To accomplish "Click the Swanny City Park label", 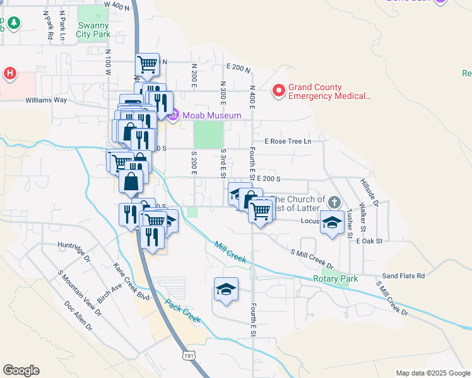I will point(93,30).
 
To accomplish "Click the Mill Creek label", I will point(230,253).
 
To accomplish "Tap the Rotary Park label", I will point(336,278).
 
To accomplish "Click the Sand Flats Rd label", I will point(404,276).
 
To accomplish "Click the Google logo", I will point(21,370).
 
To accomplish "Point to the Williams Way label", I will point(46,100).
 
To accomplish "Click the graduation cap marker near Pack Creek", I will point(226,289).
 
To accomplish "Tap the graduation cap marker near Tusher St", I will point(332,222).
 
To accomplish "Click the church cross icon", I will point(334,203).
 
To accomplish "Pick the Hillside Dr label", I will point(369,192).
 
